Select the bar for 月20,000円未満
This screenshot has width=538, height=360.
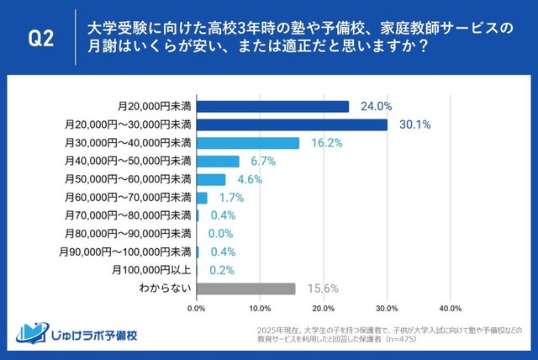pos(272,107)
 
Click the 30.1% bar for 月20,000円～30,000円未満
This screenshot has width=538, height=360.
pos(292,124)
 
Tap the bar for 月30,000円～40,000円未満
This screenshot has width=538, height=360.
pos(248,143)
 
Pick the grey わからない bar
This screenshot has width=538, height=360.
pos(245,289)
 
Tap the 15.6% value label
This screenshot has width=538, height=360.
pos(317,289)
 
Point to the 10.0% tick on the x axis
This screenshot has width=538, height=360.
pos(260,309)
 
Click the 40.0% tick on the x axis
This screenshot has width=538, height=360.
pos(450,309)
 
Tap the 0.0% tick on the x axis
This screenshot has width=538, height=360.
pos(197,309)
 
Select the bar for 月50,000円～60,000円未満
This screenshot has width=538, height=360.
pos(211,179)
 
